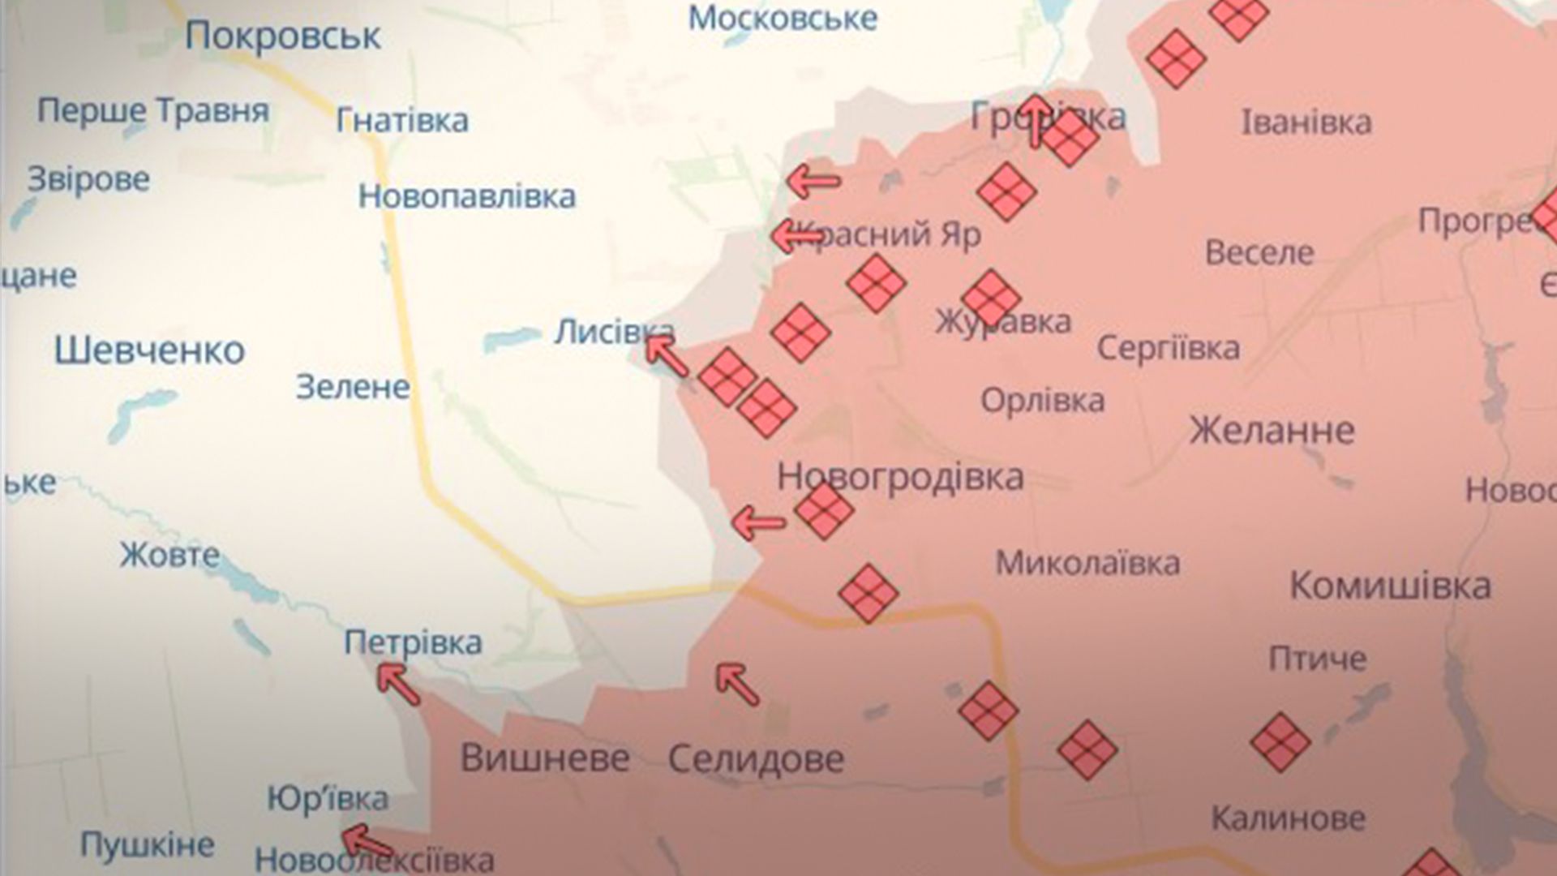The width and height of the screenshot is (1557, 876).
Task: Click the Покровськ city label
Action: click(283, 36)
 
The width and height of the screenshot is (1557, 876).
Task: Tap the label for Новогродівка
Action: click(900, 477)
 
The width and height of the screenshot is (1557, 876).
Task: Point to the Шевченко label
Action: click(150, 350)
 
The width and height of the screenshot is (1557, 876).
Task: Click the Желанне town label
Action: click(1272, 430)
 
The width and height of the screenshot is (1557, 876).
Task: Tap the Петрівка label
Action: click(413, 642)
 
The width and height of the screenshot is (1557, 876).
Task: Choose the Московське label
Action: click(783, 18)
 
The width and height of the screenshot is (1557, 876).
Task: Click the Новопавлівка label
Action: click(467, 196)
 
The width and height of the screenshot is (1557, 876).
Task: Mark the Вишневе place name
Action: click(545, 758)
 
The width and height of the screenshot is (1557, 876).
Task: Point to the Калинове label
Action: click(1288, 818)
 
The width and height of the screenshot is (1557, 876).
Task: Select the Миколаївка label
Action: click(1087, 563)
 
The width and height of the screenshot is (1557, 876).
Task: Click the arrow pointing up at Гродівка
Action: click(1036, 121)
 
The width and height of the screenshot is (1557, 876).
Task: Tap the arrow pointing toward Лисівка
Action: click(667, 357)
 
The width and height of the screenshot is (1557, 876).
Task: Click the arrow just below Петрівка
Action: click(399, 684)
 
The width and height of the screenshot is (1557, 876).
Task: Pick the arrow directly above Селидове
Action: click(737, 684)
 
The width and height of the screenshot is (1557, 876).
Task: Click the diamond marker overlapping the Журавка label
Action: click(990, 298)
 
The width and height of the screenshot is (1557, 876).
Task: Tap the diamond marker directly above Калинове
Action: click(1280, 741)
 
